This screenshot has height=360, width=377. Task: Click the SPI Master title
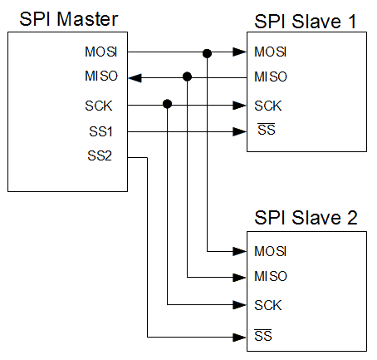[x=69, y=19]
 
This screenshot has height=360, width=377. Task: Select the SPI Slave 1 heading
[x=305, y=22]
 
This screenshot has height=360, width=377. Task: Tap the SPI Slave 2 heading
[x=306, y=217]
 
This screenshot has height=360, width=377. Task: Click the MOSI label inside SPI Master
[x=101, y=52]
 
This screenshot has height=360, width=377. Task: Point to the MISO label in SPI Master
[x=101, y=76]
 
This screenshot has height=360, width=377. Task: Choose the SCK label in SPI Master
[x=99, y=106]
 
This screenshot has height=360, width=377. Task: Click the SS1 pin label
[x=100, y=131]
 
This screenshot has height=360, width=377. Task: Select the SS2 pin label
[x=100, y=155]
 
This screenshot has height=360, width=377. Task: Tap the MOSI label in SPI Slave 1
[x=271, y=52]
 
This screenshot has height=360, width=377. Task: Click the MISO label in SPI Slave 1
[x=271, y=76]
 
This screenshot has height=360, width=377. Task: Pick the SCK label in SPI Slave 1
[x=268, y=106]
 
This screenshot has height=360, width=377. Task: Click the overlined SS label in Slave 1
[x=267, y=129]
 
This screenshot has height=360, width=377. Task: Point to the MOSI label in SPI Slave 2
[x=271, y=251]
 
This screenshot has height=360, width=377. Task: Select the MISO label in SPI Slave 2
[x=271, y=276]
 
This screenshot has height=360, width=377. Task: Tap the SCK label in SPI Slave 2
[x=268, y=305]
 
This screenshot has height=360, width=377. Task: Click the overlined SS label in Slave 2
[x=263, y=335]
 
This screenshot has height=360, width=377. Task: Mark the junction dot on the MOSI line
[x=207, y=53]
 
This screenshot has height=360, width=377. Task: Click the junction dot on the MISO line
[x=188, y=76]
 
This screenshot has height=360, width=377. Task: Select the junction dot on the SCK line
[x=167, y=104]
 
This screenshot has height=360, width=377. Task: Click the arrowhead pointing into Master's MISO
[x=135, y=78]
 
